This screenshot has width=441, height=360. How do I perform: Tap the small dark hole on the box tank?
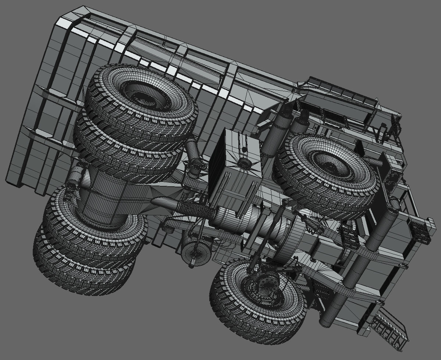(243, 149)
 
